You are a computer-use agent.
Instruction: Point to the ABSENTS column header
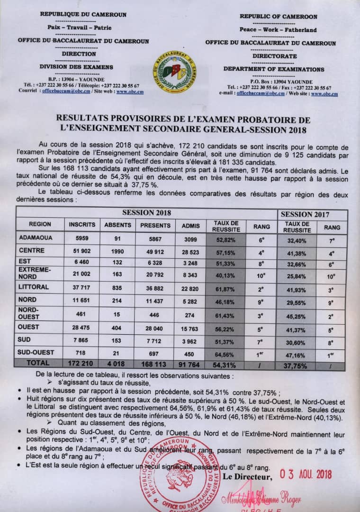[118, 226]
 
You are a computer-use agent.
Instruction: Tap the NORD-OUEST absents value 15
[118, 315]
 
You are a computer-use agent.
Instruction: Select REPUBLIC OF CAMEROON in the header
[278, 17]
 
